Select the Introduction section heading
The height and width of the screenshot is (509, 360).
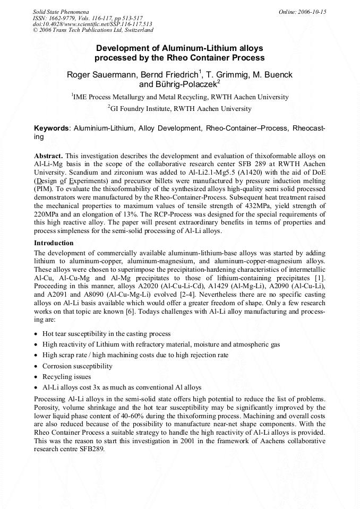tap(54, 243)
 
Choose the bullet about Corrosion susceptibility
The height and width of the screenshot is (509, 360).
tap(78, 366)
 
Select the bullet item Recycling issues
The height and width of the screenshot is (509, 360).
tap(67, 377)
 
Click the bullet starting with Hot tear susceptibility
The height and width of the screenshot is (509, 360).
tap(106, 334)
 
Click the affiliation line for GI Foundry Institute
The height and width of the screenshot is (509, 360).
tap(179, 108)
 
